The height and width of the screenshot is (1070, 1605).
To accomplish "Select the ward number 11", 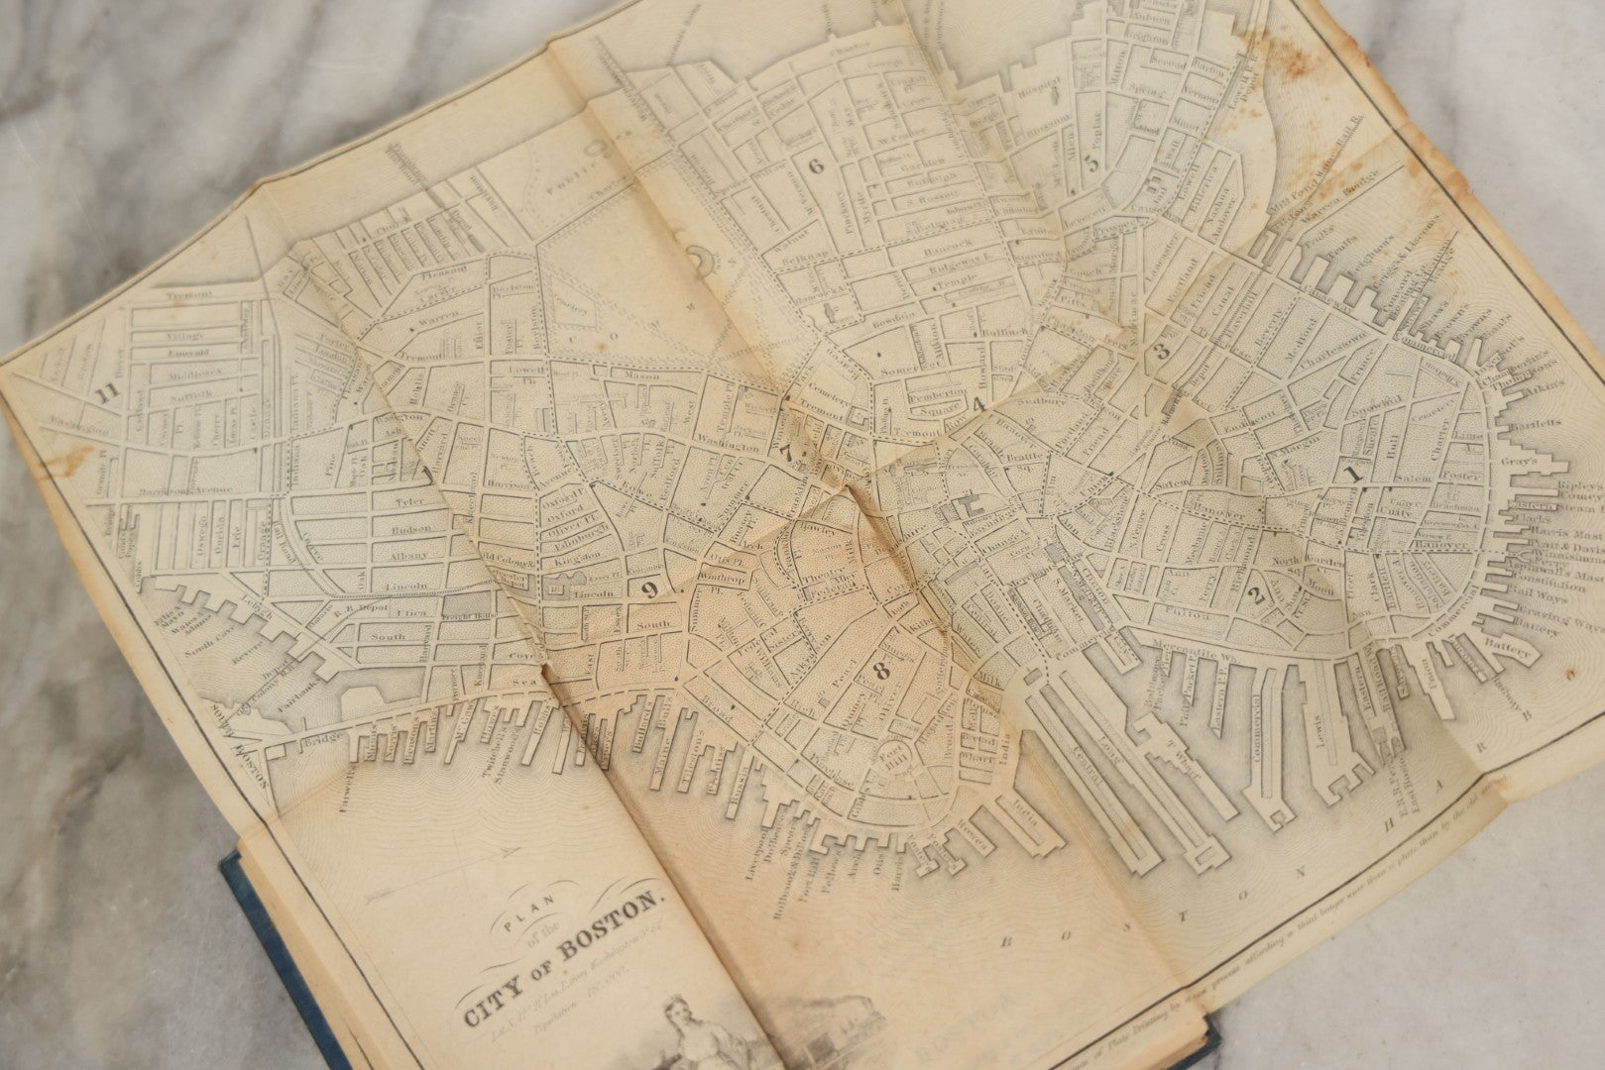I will click(106, 392).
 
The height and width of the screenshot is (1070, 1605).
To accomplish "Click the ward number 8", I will click(881, 672).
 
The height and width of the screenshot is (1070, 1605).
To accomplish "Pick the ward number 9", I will click(649, 590).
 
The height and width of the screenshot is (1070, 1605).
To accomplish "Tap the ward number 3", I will click(1162, 350).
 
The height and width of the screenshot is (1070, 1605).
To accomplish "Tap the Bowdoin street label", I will click(892, 322).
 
